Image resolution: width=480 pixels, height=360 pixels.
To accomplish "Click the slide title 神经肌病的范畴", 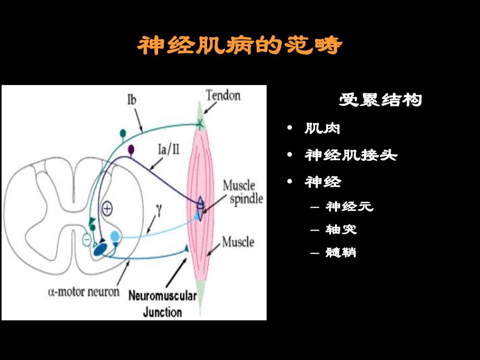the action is tap(239, 46).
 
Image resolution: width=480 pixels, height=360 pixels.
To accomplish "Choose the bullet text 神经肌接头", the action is tap(351, 155).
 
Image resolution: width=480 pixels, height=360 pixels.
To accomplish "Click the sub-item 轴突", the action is tap(341, 230).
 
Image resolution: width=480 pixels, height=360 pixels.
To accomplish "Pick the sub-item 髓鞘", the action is tap(341, 253).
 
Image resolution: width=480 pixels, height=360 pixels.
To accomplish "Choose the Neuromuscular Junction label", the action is tap(162, 305).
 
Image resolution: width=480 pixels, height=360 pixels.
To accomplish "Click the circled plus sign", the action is tap(106, 208).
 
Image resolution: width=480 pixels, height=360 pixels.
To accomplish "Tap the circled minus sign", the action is tap(87, 240).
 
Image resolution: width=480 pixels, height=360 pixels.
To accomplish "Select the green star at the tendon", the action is tap(200, 124).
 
